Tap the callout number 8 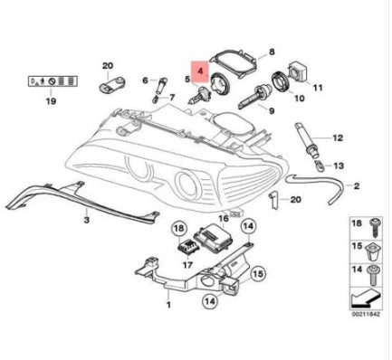pos(270,54)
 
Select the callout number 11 pos(318,89)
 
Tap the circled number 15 pos(257,271)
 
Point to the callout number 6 pos(143,81)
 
